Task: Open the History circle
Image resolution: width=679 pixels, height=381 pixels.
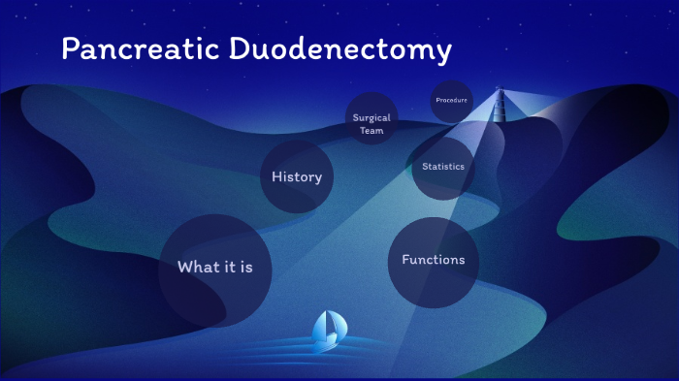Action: click(297, 177)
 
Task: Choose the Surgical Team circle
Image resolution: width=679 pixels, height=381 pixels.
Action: click(372, 124)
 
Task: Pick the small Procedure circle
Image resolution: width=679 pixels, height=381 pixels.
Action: click(451, 101)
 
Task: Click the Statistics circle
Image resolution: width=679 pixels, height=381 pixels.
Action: click(443, 167)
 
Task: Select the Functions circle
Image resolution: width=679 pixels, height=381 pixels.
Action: click(433, 261)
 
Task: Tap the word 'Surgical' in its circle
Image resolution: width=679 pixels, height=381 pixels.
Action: click(372, 118)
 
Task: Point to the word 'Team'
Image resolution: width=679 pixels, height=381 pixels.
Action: click(372, 131)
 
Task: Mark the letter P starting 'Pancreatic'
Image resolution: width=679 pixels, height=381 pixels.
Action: click(70, 50)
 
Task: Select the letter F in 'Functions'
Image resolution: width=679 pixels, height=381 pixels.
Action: click(405, 260)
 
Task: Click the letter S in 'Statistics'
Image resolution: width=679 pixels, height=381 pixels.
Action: click(425, 167)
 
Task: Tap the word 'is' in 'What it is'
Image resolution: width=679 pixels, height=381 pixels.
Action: click(246, 268)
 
